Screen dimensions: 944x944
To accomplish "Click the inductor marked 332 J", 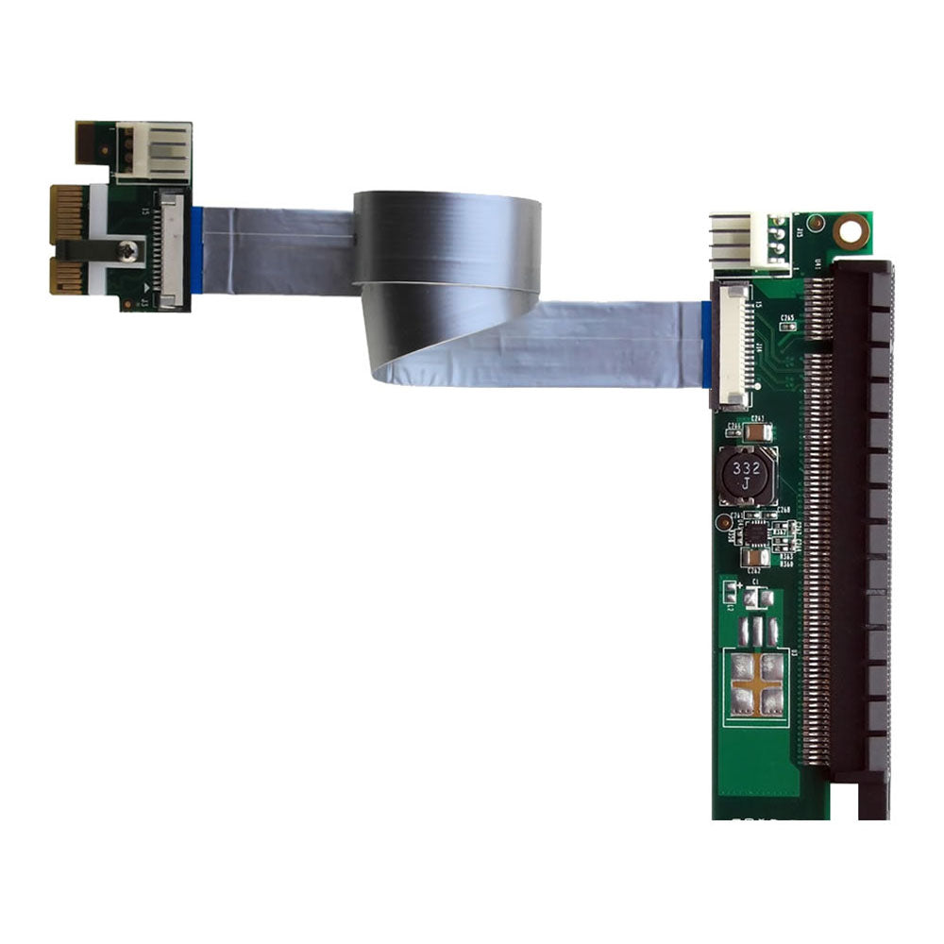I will (x=746, y=476).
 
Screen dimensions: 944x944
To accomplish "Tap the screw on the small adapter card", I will (x=129, y=250).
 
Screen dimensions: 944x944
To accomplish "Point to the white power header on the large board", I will (x=750, y=242).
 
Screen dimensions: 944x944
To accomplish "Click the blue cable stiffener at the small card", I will (x=196, y=249).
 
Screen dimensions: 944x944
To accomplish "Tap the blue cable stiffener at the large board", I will (x=706, y=345).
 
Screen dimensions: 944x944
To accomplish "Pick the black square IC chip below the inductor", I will (x=756, y=533).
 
